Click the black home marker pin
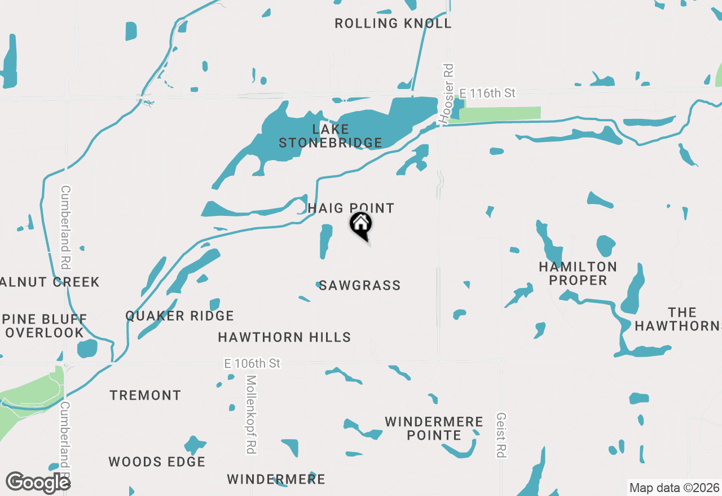361,225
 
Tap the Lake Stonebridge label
331,136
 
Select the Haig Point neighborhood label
351,209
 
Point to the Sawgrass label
360,286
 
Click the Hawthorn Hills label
284,338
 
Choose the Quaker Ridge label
179,316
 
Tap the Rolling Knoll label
393,24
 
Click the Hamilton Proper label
578,273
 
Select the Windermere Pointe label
434,428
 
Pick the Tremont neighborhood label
146,396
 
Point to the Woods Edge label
157,462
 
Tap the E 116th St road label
487,93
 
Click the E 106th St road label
252,364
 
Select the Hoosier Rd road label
447,94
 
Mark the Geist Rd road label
500,435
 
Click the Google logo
38,482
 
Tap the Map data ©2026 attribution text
674,488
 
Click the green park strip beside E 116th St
499,113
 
